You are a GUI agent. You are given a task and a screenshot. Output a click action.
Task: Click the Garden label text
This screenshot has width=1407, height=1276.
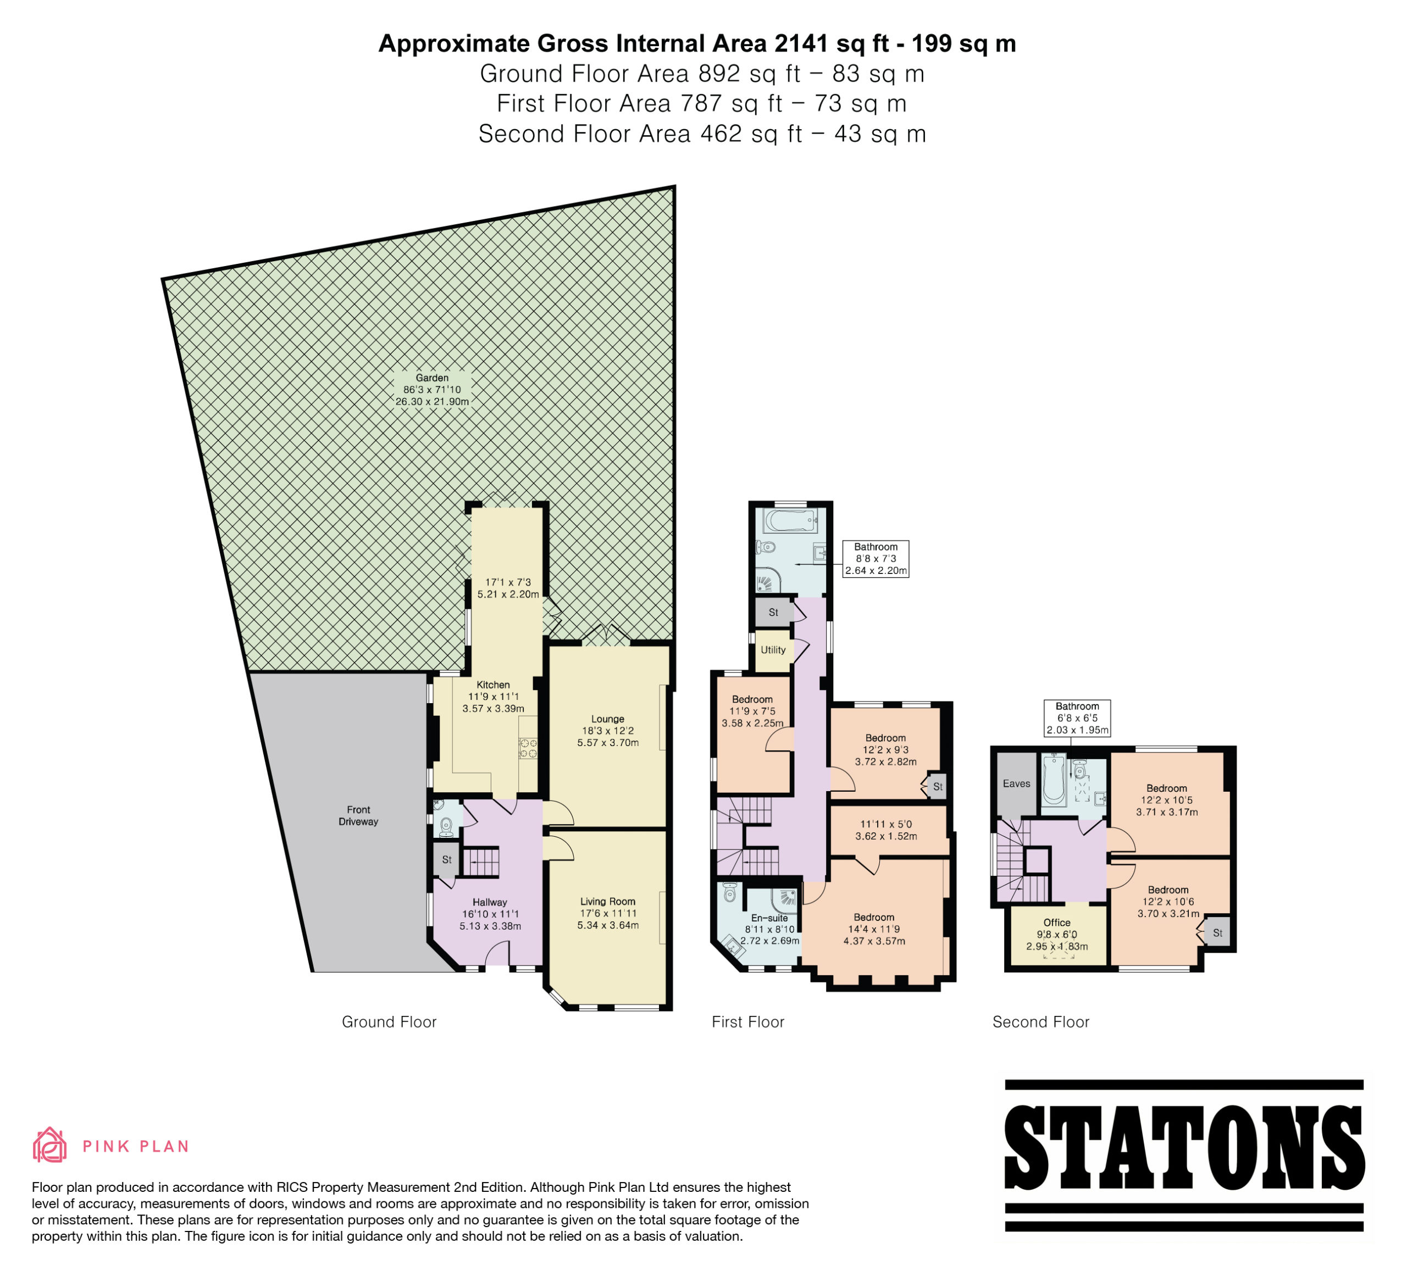click(x=432, y=378)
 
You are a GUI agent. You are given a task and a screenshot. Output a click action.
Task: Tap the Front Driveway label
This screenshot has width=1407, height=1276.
click(x=359, y=815)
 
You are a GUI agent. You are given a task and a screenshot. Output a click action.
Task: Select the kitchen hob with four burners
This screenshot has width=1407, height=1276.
click(x=528, y=748)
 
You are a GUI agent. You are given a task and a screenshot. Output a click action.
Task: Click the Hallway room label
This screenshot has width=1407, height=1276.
click(x=490, y=902)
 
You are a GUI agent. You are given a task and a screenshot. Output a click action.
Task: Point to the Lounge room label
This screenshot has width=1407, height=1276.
click(x=608, y=719)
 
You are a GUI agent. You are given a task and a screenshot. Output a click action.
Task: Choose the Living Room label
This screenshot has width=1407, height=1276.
click(x=608, y=901)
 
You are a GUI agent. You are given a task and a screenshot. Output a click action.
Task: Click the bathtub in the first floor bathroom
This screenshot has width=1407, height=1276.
click(x=791, y=521)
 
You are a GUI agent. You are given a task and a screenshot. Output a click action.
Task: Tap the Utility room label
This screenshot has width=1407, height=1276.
click(x=773, y=650)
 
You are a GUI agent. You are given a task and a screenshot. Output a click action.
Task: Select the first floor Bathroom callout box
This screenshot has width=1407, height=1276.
click(x=876, y=559)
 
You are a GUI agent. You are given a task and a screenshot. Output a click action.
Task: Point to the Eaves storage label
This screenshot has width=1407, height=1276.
click(x=1016, y=784)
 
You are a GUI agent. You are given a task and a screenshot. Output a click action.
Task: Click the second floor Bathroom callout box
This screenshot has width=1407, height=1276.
click(x=1077, y=719)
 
